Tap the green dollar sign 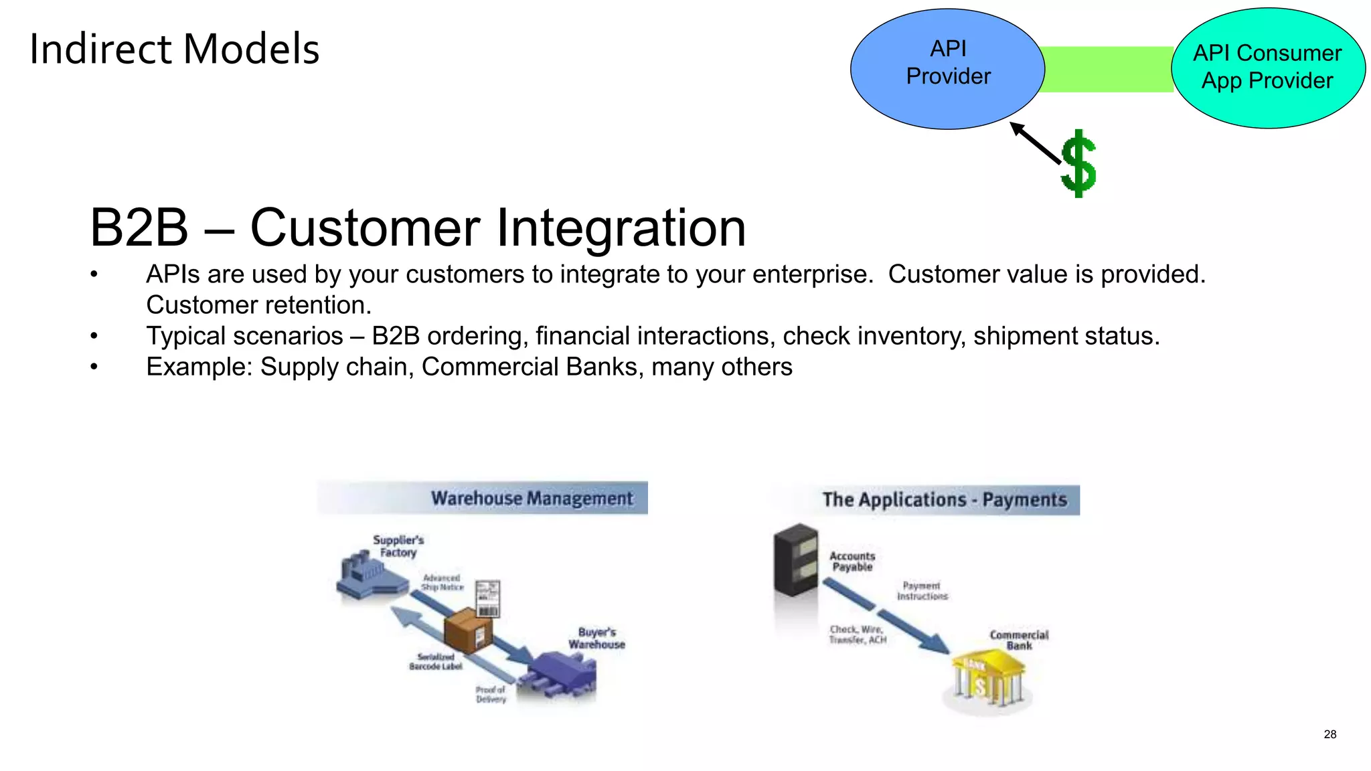click(x=1078, y=164)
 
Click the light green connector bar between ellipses click(x=1108, y=69)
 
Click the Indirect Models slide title click(x=174, y=50)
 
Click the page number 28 click(x=1329, y=734)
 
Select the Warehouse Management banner click(x=483, y=498)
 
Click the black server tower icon click(x=795, y=560)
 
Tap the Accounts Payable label click(x=852, y=562)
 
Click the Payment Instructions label click(x=922, y=591)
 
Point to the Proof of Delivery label click(x=491, y=694)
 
